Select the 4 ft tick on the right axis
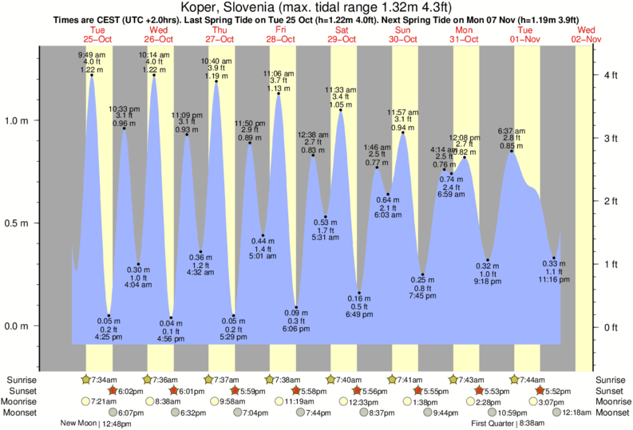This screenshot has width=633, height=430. [x=611, y=75]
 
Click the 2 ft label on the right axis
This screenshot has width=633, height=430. [x=611, y=201]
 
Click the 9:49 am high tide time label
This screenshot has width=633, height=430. [x=91, y=54]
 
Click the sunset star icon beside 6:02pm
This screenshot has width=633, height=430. [x=112, y=391]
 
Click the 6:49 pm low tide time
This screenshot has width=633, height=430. [x=360, y=316]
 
